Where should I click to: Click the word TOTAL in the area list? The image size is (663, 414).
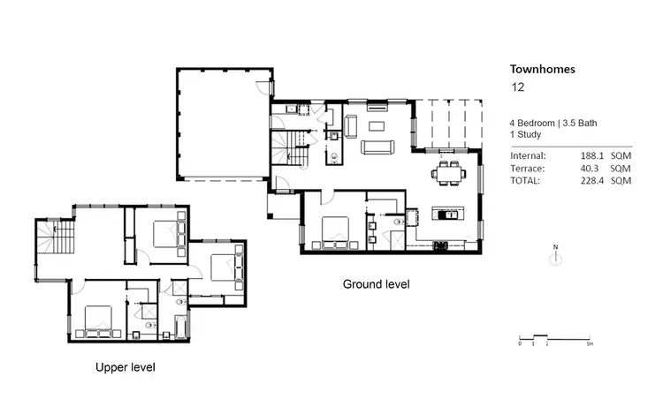click(x=526, y=180)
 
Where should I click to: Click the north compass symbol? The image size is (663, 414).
click(x=554, y=259)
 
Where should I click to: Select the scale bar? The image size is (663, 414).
click(x=554, y=338)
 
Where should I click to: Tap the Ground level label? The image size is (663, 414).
click(x=376, y=284)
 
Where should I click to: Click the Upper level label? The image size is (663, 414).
click(x=131, y=365)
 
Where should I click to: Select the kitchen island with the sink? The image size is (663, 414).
click(x=446, y=215)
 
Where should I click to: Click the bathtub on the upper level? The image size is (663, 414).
click(x=181, y=328)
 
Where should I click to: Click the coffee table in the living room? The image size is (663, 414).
click(x=377, y=126)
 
